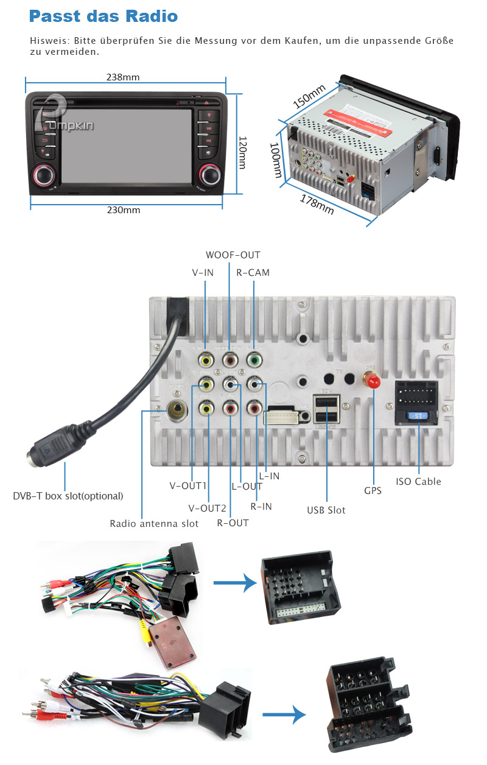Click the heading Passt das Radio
click(103, 16)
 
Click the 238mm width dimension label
click(123, 77)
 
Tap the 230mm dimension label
click(124, 210)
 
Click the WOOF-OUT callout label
click(233, 255)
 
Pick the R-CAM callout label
click(253, 273)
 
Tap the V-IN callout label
click(203, 273)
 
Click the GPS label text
click(373, 490)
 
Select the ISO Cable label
click(418, 482)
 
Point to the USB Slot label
click(326, 510)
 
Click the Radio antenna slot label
click(154, 524)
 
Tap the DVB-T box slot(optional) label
click(68, 496)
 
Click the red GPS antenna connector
click(372, 380)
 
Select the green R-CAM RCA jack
click(253, 361)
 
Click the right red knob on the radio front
click(209, 175)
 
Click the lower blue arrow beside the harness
click(284, 714)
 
